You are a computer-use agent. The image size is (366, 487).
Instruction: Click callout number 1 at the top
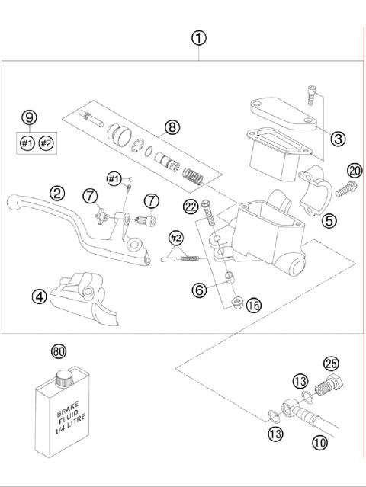pos(199,37)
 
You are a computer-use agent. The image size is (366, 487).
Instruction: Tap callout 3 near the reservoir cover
pos(338,138)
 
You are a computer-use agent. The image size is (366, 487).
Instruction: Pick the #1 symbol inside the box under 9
pos(27,143)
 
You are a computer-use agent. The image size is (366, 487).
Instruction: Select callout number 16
pos(254,305)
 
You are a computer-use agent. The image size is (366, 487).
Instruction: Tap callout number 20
pos(354,170)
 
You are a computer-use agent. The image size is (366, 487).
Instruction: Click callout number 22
pos(191,204)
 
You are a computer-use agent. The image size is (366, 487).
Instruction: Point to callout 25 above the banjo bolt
pos(330,364)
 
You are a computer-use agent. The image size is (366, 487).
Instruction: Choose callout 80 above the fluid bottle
pos(59,351)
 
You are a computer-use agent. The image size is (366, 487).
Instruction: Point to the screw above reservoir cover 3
pos(312,95)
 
